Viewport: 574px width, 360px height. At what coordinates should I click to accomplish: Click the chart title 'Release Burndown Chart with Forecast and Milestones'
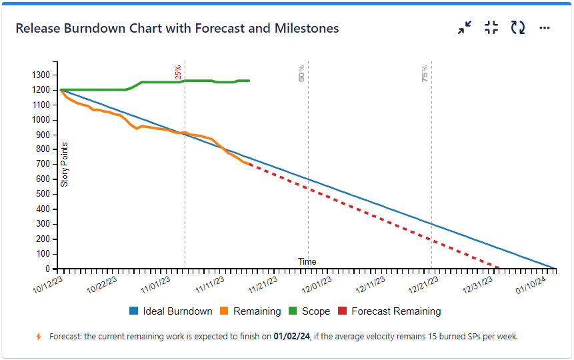(177, 29)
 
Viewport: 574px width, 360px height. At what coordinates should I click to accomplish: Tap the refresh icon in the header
(518, 28)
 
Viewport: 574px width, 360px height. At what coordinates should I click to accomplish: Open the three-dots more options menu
(545, 28)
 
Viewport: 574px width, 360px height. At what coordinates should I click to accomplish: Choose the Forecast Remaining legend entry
(389, 311)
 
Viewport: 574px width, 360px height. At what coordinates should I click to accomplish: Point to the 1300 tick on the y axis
(45, 75)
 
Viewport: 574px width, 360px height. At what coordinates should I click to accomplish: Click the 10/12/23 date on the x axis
(49, 286)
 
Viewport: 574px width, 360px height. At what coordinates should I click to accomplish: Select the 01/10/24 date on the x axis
(531, 286)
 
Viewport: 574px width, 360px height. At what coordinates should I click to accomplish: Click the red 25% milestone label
(178, 72)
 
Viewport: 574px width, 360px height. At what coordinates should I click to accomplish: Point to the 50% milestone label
(301, 73)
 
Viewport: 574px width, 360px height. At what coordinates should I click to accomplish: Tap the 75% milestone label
(425, 73)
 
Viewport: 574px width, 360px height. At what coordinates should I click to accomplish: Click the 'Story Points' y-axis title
(65, 164)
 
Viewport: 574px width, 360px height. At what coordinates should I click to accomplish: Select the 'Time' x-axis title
(307, 261)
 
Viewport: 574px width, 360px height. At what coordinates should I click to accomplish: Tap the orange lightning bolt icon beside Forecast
(39, 337)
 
